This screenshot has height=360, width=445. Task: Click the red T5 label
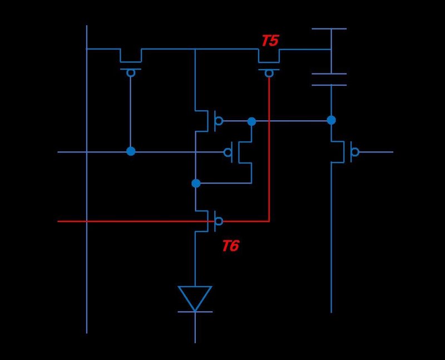click(x=270, y=41)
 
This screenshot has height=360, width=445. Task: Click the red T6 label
click(x=230, y=246)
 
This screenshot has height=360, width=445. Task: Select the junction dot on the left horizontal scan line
click(x=131, y=151)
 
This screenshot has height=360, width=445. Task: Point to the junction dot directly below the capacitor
click(x=331, y=120)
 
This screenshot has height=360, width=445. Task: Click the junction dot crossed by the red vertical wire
click(x=251, y=121)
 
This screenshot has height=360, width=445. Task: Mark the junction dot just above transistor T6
click(x=195, y=183)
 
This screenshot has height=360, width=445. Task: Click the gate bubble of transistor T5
click(x=269, y=73)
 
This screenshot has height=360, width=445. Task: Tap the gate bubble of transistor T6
click(x=219, y=221)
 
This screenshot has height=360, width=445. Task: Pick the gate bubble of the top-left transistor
click(x=131, y=73)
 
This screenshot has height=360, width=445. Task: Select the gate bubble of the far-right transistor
click(x=355, y=152)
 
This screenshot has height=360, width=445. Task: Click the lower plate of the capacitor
click(x=329, y=85)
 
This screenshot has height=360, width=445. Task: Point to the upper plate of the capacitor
click(x=329, y=73)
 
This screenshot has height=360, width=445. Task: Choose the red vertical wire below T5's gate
click(x=269, y=167)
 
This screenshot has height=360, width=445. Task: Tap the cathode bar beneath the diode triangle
click(x=195, y=312)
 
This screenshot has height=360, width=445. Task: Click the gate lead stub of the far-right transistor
click(x=376, y=152)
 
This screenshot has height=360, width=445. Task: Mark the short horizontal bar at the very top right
click(x=329, y=28)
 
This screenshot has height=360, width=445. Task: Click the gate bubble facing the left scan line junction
click(x=228, y=152)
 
